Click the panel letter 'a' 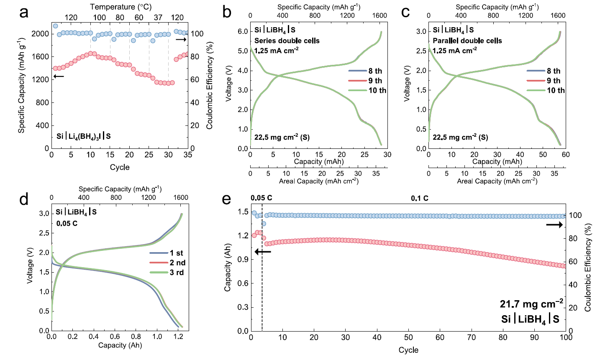(24, 12)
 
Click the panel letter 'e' (226, 199)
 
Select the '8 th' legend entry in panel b (375, 71)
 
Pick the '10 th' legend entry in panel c (556, 90)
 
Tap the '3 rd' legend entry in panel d (177, 273)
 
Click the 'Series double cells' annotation (287, 41)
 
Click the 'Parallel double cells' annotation (467, 41)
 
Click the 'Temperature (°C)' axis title (121, 7)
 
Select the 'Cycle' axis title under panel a (120, 167)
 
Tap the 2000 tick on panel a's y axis (40, 34)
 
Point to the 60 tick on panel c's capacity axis (566, 155)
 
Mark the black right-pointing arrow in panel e (555, 225)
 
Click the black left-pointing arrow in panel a (59, 77)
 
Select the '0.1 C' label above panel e (420, 198)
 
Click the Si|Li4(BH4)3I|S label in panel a (84, 137)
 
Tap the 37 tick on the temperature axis (158, 18)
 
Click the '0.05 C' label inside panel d (67, 223)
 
